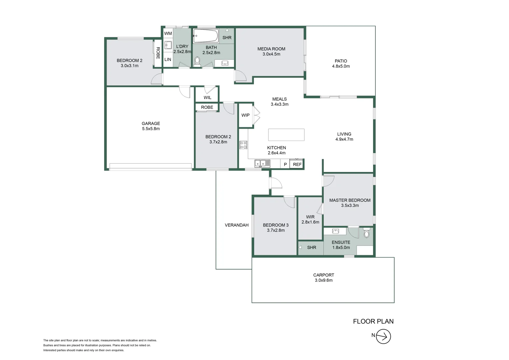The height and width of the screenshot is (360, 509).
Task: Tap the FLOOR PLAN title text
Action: click(x=373, y=321)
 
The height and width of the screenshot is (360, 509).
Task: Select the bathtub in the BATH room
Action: click(x=206, y=36)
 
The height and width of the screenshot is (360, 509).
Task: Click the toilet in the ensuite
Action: click(x=366, y=233)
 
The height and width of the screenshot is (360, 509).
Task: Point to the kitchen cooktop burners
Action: click(x=244, y=145)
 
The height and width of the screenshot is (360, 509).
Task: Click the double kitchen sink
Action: click(x=262, y=163)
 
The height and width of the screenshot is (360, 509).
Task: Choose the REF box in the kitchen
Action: click(x=297, y=164)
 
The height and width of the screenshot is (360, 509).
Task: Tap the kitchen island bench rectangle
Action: click(x=286, y=135)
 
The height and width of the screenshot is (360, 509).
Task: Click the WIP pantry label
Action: click(x=245, y=115)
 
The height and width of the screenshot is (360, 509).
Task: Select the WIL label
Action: click(x=207, y=98)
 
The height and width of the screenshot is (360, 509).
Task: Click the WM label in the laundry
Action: click(x=168, y=33)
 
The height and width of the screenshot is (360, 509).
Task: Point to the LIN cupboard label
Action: click(x=168, y=59)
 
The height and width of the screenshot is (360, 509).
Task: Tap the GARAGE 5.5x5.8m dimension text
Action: click(x=151, y=129)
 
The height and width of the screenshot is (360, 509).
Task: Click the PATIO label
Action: click(x=341, y=61)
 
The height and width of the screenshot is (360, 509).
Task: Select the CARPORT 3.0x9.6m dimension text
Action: click(x=323, y=280)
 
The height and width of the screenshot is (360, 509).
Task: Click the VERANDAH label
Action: click(x=237, y=225)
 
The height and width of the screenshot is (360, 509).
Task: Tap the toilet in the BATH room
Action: click(x=197, y=62)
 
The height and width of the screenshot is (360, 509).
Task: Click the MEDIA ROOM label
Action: click(x=271, y=49)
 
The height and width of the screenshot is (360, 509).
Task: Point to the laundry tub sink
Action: click(x=168, y=45)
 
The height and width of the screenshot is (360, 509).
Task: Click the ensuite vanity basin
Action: click(x=335, y=231)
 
